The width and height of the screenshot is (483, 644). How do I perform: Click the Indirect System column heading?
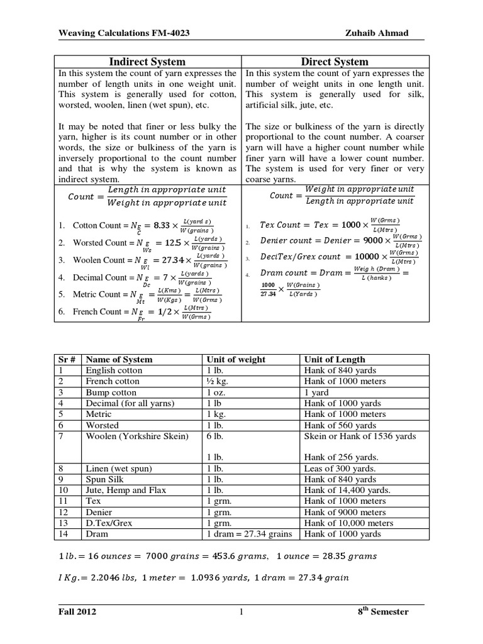coord(148,62)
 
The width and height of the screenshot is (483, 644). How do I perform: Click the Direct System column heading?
coord(335,62)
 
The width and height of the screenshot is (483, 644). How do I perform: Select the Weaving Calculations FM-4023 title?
coord(113,32)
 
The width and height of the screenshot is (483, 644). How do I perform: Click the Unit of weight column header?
coord(235,360)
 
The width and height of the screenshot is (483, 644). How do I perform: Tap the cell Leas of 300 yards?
coord(340,469)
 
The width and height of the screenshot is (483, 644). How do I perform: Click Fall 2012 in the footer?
coord(77,612)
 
